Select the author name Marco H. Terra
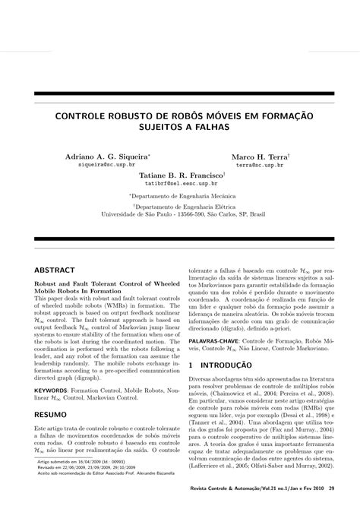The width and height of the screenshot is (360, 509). [x=258, y=154]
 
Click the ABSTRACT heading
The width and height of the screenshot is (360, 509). [x=55, y=270]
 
